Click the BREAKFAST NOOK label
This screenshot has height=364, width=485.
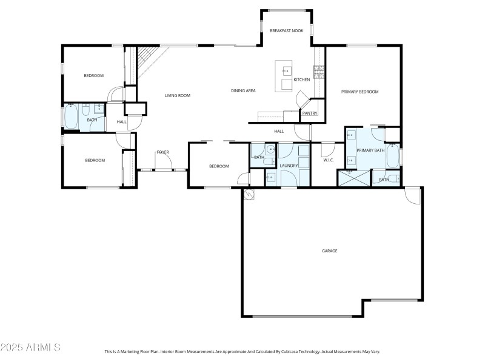[286, 30]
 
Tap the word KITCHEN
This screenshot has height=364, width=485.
[302, 79]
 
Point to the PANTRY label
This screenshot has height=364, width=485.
[310, 113]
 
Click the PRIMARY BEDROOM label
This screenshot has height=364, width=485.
[360, 92]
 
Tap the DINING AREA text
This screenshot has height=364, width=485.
[243, 91]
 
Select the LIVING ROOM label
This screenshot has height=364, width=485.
[178, 95]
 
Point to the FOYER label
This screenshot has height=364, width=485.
[162, 152]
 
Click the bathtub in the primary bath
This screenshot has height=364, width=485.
[393, 157]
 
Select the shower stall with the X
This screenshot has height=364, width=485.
[353, 178]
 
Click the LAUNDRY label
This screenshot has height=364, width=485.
[289, 165]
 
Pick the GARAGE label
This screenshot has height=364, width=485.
[329, 251]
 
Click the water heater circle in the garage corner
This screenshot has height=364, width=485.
[248, 194]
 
